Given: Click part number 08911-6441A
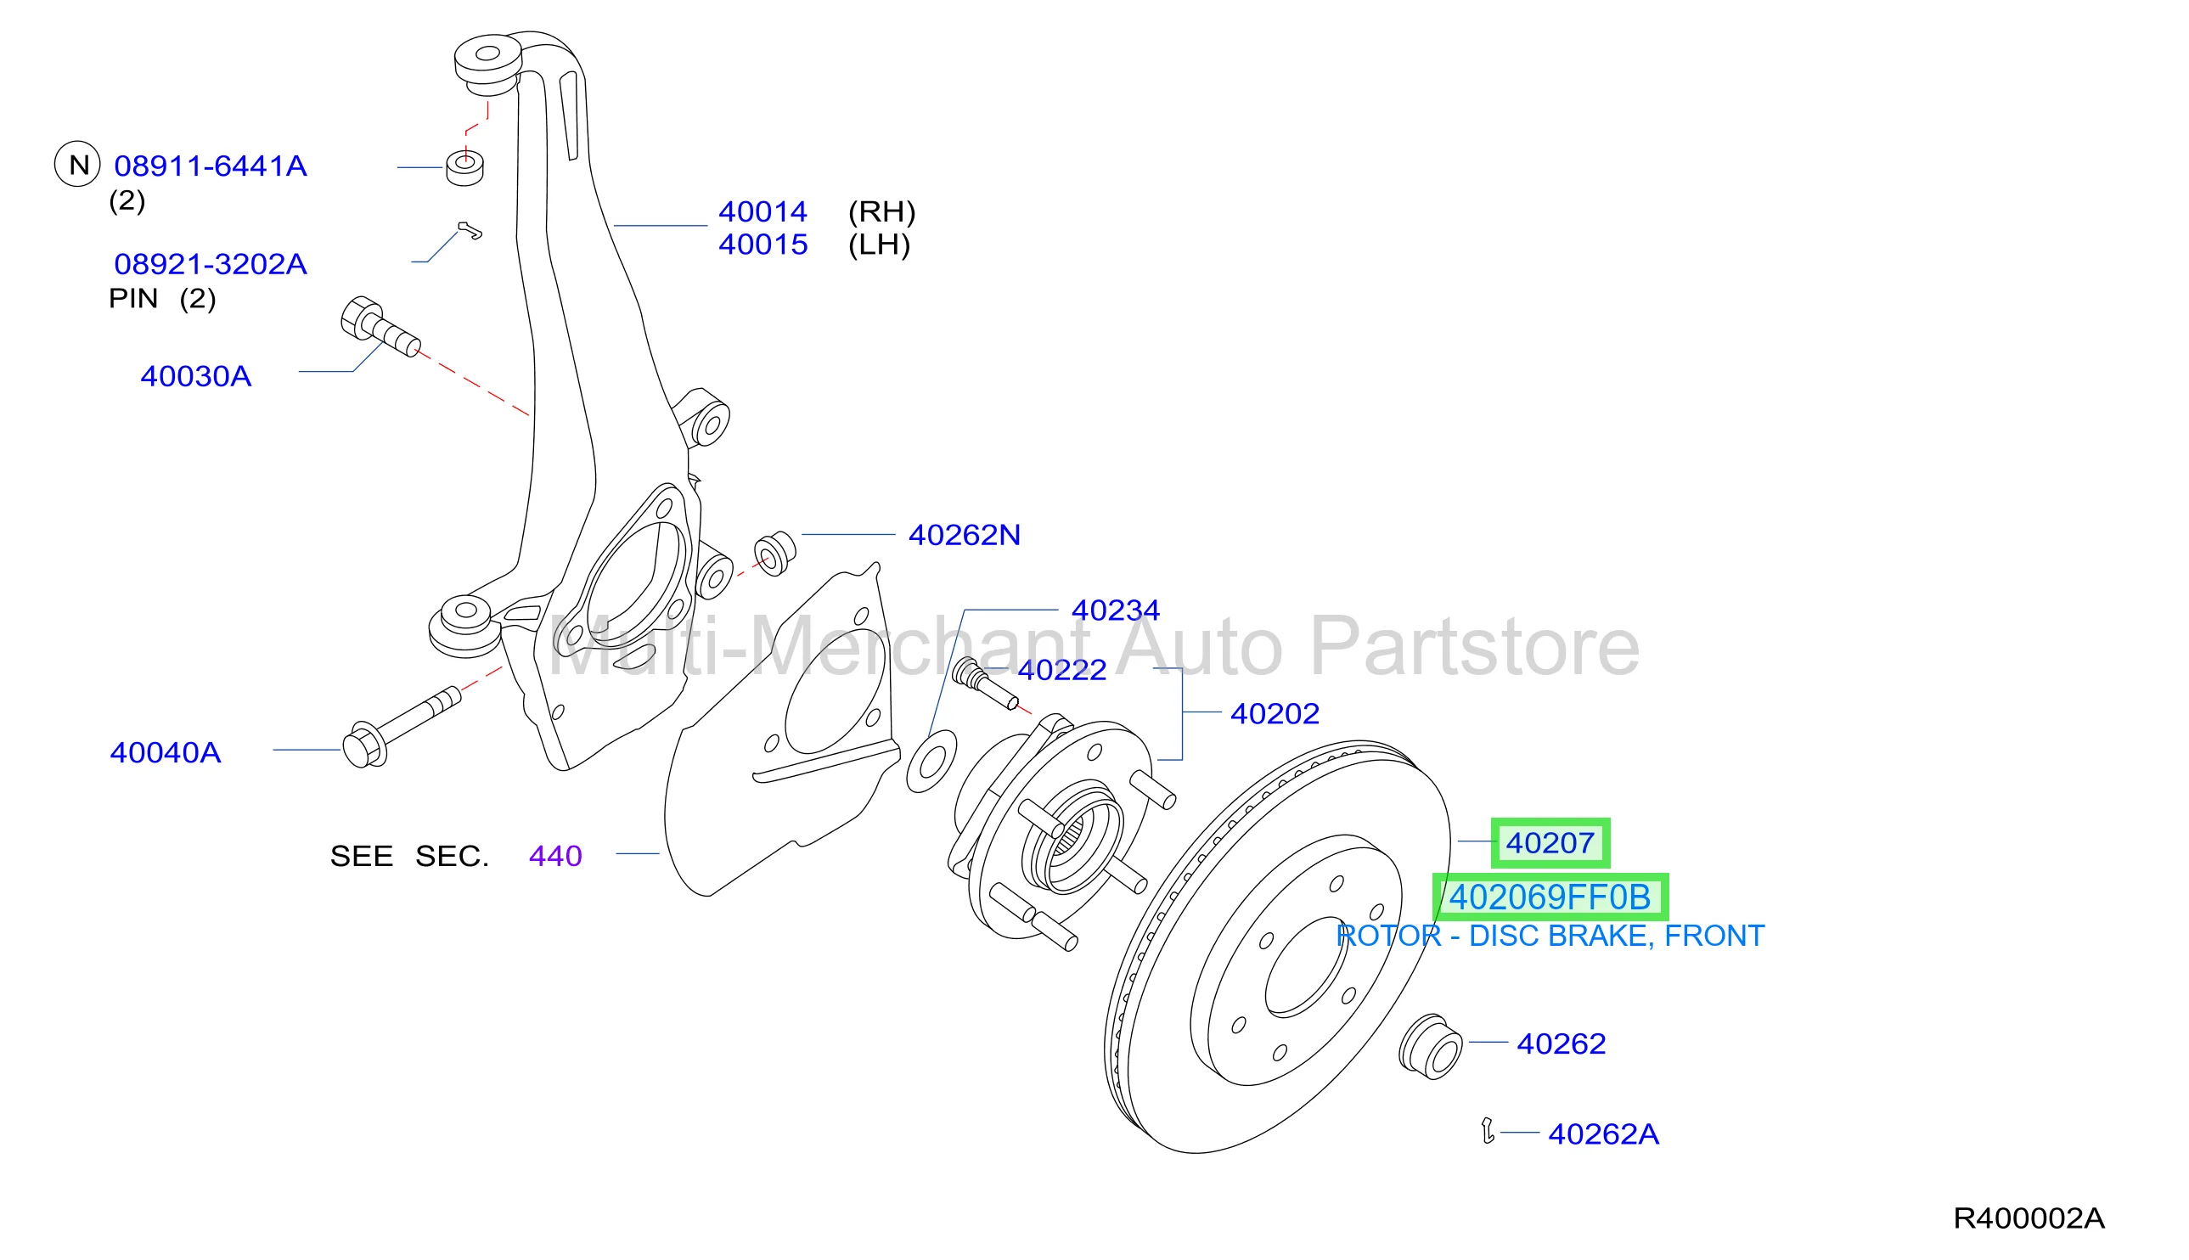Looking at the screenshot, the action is [x=211, y=166].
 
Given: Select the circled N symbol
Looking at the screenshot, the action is [x=78, y=165].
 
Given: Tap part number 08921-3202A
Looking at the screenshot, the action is [x=211, y=264].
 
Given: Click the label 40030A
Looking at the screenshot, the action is [x=195, y=376].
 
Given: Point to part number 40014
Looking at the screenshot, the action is [x=762, y=212].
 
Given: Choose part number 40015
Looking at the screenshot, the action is [x=762, y=245].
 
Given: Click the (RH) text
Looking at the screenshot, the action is [x=881, y=212].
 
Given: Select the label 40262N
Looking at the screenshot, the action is [x=964, y=536].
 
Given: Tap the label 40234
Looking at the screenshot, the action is [x=1115, y=611].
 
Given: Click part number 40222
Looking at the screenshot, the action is [x=1061, y=670].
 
